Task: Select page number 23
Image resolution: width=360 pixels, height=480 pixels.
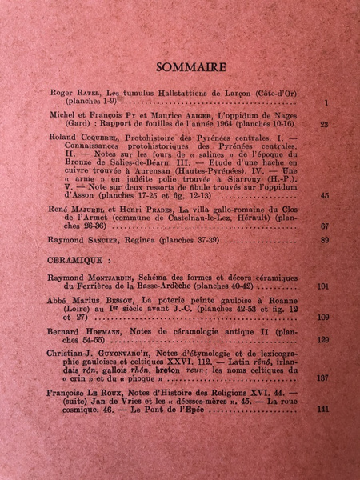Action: point(323,125)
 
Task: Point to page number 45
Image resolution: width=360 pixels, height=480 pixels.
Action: point(323,195)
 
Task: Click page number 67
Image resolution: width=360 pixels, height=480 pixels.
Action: point(323,226)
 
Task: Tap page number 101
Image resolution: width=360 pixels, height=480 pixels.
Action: point(322,285)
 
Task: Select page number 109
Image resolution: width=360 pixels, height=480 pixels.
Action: point(322,317)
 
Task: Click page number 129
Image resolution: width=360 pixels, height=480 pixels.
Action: point(322,339)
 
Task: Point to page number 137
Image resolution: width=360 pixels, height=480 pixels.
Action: point(322,378)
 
